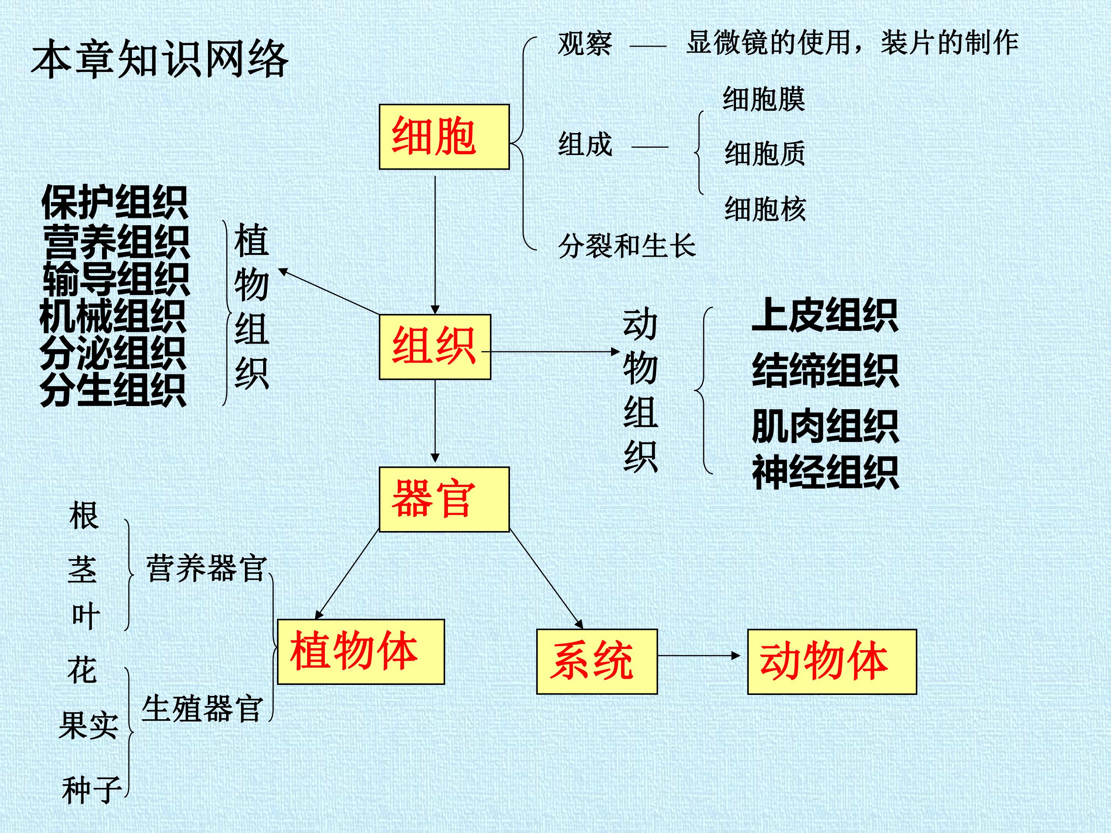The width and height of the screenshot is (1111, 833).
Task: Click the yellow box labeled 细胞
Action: tap(444, 137)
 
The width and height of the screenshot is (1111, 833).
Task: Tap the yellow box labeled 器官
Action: tap(444, 499)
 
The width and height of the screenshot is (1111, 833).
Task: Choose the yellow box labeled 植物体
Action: tap(361, 652)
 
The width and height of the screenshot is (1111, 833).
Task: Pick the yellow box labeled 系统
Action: tap(597, 662)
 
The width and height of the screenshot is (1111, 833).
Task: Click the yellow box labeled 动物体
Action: tap(832, 662)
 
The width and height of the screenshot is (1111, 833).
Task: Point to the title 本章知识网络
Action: tap(160, 60)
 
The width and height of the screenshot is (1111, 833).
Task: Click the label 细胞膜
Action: tap(764, 99)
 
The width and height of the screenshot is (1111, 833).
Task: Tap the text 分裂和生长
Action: tap(627, 246)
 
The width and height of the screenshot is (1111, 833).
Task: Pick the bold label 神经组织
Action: tap(825, 472)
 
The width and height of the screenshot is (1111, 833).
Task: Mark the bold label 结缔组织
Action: tap(825, 371)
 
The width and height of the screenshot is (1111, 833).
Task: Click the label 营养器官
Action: tap(206, 568)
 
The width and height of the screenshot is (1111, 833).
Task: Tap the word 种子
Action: tap(92, 789)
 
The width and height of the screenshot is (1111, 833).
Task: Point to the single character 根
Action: tap(84, 515)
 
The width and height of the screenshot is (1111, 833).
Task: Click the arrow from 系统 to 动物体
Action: tap(699, 656)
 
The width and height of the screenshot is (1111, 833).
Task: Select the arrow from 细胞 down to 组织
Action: tap(435, 245)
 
